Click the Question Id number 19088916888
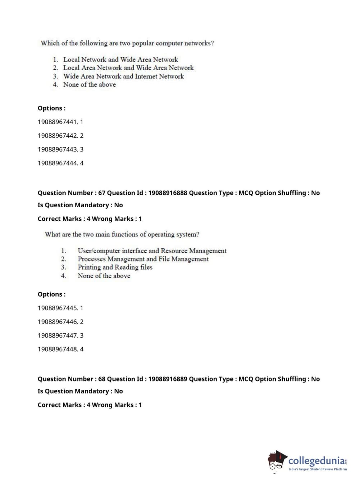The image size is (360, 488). pyautogui.click(x=168, y=193)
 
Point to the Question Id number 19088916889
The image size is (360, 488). pyautogui.click(x=168, y=379)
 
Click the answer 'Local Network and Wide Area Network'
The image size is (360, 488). pyautogui.click(x=120, y=59)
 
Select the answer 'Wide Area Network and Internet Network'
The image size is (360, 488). pyautogui.click(x=123, y=76)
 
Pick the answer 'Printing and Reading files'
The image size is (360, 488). pyautogui.click(x=115, y=267)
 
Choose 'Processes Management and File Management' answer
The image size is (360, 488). pyautogui.click(x=143, y=259)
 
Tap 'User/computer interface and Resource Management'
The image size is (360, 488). pyautogui.click(x=152, y=250)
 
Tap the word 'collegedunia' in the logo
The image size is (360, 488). pyautogui.click(x=316, y=460)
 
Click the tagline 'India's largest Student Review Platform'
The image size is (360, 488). pyautogui.click(x=318, y=469)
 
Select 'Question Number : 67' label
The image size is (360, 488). pyautogui.click(x=72, y=193)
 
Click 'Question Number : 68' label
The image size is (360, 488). pyautogui.click(x=72, y=379)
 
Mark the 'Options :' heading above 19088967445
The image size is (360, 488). pyautogui.click(x=52, y=294)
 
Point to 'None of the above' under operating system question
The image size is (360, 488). pyautogui.click(x=104, y=276)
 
